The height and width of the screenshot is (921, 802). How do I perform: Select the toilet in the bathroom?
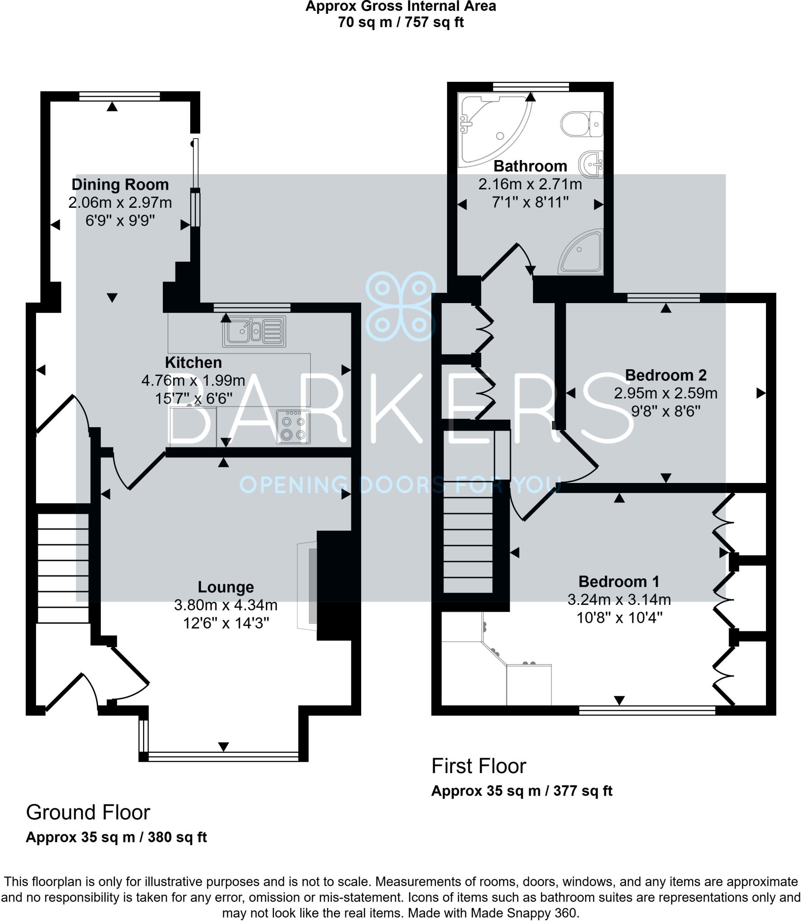pyautogui.click(x=581, y=124)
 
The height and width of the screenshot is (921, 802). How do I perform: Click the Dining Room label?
pyautogui.click(x=120, y=184)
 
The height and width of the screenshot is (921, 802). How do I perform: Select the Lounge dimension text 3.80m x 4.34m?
pyautogui.click(x=226, y=605)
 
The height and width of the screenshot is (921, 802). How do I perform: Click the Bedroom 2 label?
pyautogui.click(x=665, y=375)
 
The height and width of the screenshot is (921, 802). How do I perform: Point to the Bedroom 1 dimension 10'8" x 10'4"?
pyautogui.click(x=619, y=618)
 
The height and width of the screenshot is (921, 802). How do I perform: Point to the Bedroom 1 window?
pyautogui.click(x=646, y=711)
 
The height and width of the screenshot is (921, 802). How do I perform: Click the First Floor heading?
pyautogui.click(x=479, y=766)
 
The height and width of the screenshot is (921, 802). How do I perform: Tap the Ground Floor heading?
pyautogui.click(x=88, y=813)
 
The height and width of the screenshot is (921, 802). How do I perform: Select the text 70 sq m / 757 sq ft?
pyautogui.click(x=400, y=22)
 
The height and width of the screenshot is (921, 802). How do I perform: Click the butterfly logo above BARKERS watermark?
pyautogui.click(x=400, y=306)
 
